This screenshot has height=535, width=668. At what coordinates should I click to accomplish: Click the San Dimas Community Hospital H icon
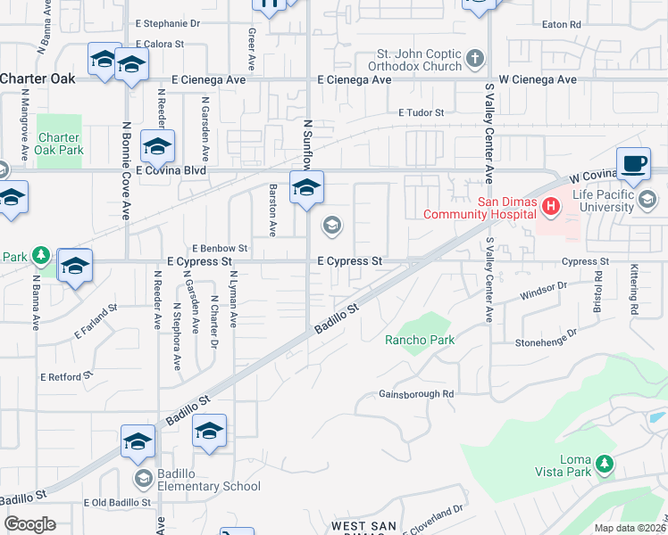click(551, 207)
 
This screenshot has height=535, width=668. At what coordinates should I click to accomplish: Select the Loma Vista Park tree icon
click(605, 464)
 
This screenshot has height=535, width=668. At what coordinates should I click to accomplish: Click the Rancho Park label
click(420, 340)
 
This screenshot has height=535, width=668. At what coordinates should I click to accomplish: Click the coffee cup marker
click(633, 163)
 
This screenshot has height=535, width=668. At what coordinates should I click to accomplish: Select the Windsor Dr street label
click(544, 288)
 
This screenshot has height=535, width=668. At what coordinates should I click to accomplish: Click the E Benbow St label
click(220, 248)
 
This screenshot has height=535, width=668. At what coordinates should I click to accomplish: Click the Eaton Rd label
click(562, 24)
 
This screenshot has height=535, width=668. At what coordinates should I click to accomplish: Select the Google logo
click(29, 524)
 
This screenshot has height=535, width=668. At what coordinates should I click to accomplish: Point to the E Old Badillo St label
click(117, 503)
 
